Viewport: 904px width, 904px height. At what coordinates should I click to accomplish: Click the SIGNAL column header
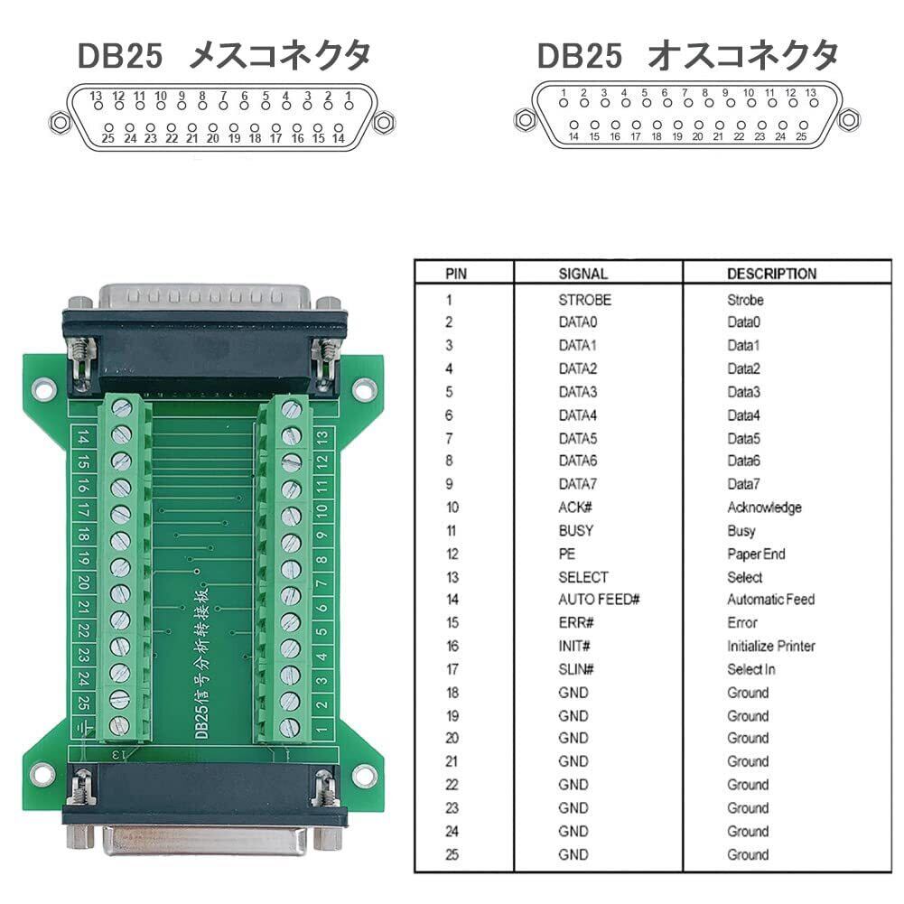click(x=582, y=274)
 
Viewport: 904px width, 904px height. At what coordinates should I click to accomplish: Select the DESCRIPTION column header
click(x=771, y=274)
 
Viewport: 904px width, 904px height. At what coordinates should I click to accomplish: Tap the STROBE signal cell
click(x=584, y=299)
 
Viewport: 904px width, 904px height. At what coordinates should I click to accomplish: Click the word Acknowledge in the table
click(x=764, y=508)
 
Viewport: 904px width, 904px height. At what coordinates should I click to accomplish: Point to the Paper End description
click(x=756, y=554)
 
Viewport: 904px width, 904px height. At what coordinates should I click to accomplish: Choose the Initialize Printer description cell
click(x=770, y=646)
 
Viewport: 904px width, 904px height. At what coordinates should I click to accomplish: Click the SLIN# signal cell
click(x=576, y=669)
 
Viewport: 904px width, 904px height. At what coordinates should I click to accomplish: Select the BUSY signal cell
click(x=576, y=531)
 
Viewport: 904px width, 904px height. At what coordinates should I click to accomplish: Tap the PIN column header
click(x=456, y=274)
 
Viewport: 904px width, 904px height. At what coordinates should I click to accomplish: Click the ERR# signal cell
click(x=576, y=623)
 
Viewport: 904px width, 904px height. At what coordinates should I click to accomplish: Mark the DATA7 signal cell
click(x=578, y=484)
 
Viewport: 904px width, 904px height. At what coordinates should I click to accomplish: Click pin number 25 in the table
click(x=452, y=854)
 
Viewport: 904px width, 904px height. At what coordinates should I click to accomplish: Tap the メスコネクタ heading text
click(x=280, y=56)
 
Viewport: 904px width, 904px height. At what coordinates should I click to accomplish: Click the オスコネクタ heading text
click(x=742, y=56)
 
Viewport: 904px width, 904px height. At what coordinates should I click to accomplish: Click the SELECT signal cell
click(x=582, y=577)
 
